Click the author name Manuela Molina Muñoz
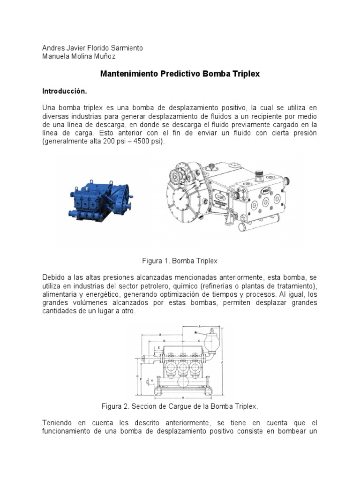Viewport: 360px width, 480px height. [78, 57]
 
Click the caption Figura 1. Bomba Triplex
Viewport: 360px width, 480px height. [180, 260]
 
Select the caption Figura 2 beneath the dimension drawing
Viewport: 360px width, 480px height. [180, 405]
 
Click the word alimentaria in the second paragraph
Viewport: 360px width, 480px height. [60, 295]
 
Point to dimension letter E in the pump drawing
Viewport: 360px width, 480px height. [159, 347]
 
